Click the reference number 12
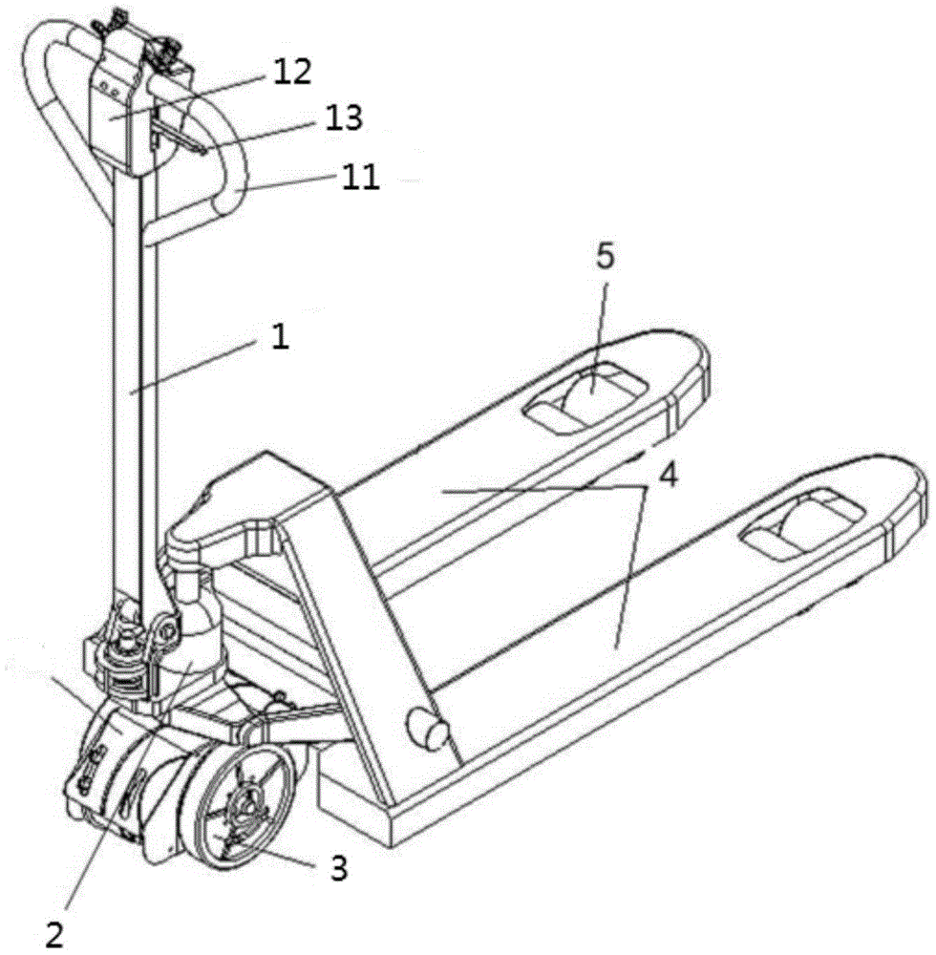291,72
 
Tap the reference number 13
344,117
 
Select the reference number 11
360,178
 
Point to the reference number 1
280,336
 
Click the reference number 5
605,257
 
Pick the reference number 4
669,475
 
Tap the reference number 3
339,868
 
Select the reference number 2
54,934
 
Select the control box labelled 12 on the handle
125,116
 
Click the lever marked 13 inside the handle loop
181,132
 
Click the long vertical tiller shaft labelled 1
136,390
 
